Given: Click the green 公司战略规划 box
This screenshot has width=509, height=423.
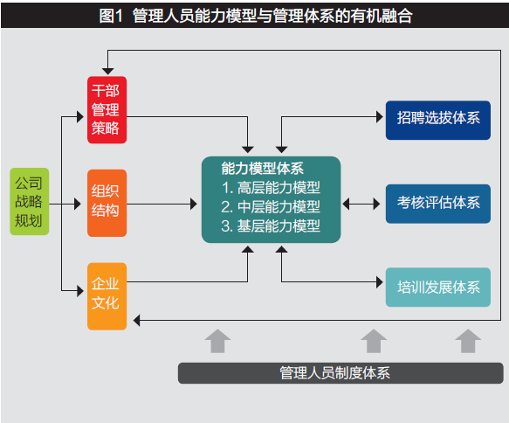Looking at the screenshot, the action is coord(29,201).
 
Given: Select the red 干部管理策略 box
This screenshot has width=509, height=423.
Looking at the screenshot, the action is coord(107,110).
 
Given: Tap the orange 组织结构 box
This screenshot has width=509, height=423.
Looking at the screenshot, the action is coord(107,203).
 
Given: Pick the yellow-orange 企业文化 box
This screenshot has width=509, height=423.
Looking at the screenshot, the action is coord(107,296).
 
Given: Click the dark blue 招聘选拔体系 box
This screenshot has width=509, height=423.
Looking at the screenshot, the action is coord(438,121).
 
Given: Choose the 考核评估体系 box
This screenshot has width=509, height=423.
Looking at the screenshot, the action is coord(438,204).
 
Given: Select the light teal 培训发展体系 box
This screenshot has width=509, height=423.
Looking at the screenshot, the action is coord(438,288).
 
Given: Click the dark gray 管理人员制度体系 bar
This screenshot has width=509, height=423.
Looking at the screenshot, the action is coord(340,373).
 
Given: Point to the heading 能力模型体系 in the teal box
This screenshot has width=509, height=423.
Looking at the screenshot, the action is coord(262,169).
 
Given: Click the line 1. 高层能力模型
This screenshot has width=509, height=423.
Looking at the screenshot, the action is coord(271,187).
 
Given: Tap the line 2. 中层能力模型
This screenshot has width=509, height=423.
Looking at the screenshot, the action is coord(271,206).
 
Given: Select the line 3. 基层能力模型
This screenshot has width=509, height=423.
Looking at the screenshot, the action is coord(271,225).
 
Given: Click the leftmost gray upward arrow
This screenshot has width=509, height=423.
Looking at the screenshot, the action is coord(217,341).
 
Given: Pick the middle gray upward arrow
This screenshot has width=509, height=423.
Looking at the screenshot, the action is coord(374,341).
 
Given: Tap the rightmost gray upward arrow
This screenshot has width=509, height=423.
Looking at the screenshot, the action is coord(468,341).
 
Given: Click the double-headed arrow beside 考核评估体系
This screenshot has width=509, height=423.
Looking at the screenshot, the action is coord(361,204).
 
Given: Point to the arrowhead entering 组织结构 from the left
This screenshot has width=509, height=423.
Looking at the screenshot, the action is coord(78,204).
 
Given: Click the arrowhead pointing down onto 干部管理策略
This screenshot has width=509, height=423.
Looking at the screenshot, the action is coord(107,72).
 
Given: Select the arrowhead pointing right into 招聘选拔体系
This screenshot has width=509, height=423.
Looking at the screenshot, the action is coord(380,116).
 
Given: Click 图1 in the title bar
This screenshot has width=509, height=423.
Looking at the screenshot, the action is coord(111,16).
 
